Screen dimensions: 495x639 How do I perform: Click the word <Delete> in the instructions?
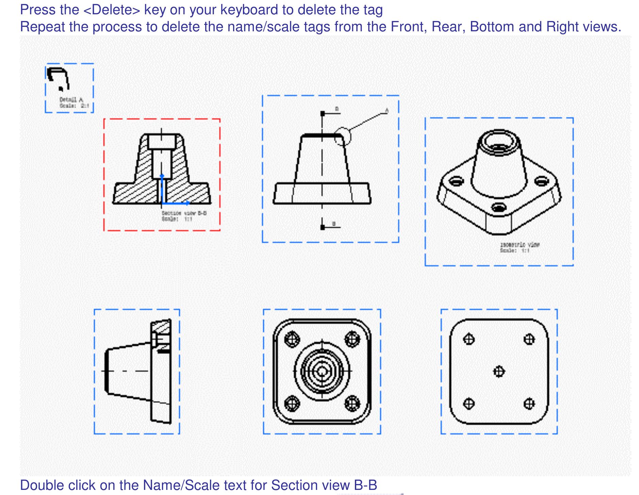(x=112, y=10)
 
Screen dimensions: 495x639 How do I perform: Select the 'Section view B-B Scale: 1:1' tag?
(x=184, y=216)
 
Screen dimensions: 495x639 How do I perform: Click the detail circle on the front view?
(x=342, y=136)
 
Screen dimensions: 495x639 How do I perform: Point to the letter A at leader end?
(x=387, y=110)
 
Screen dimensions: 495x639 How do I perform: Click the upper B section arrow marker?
(x=323, y=113)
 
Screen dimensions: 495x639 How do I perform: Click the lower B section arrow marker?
(x=323, y=227)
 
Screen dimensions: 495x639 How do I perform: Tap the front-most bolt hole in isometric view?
(x=499, y=207)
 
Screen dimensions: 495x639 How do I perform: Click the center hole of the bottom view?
(x=499, y=371)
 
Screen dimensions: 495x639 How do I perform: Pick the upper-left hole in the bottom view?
(x=469, y=339)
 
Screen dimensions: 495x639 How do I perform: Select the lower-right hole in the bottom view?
(x=529, y=403)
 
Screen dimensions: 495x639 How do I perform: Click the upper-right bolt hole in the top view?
(x=352, y=339)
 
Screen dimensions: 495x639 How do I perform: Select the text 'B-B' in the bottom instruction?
(x=365, y=485)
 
